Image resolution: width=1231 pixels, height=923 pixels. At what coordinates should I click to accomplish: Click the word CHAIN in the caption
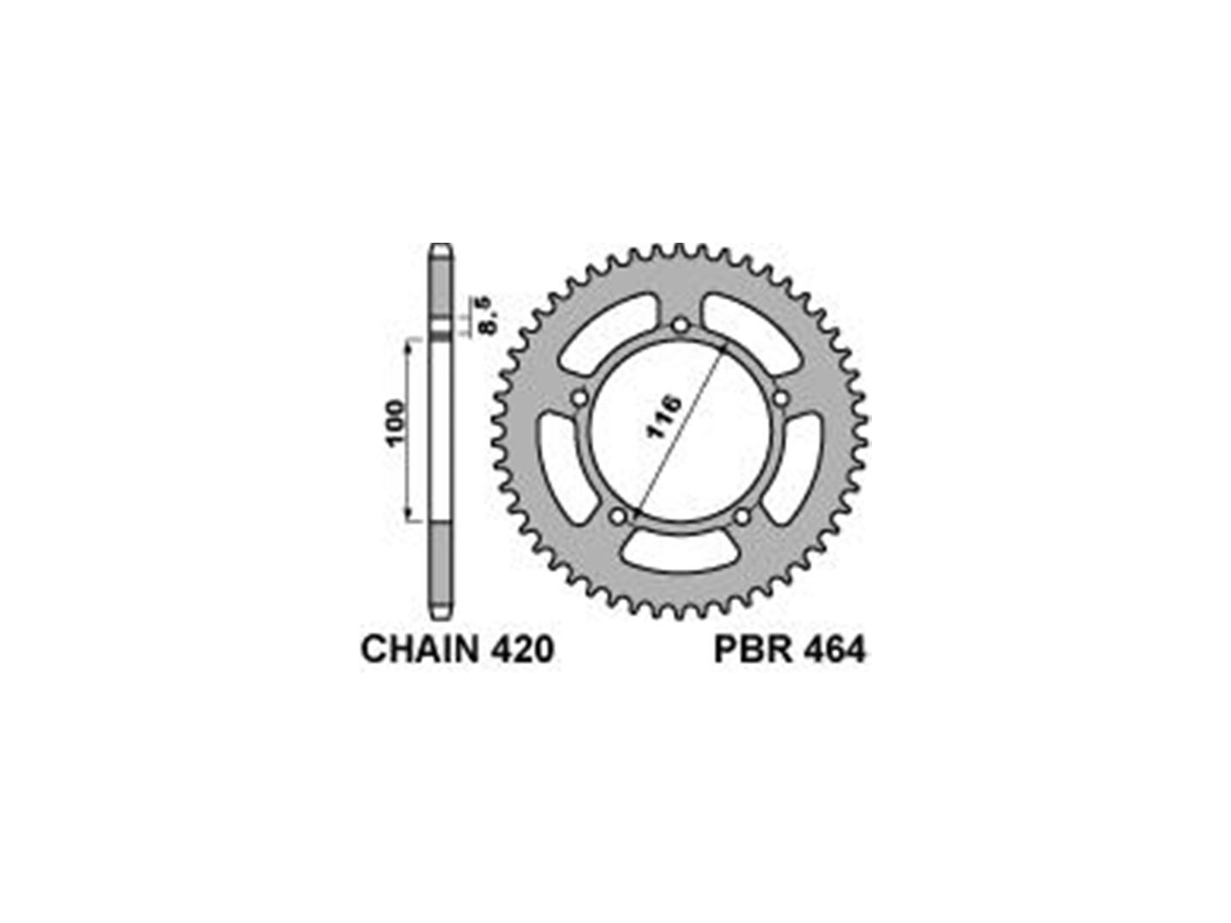pyautogui.click(x=419, y=650)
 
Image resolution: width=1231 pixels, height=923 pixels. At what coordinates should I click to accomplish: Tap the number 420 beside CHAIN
pyautogui.click(x=521, y=650)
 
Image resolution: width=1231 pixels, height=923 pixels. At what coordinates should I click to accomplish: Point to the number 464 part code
pyautogui.click(x=834, y=650)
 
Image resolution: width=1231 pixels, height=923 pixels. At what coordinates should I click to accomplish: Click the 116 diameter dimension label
pyautogui.click(x=663, y=417)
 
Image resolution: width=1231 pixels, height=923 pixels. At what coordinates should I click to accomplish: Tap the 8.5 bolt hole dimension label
pyautogui.click(x=486, y=316)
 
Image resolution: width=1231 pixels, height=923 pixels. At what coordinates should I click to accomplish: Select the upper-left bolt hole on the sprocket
pyautogui.click(x=580, y=398)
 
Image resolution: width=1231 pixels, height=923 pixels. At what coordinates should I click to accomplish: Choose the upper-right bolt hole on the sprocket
pyautogui.click(x=780, y=398)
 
